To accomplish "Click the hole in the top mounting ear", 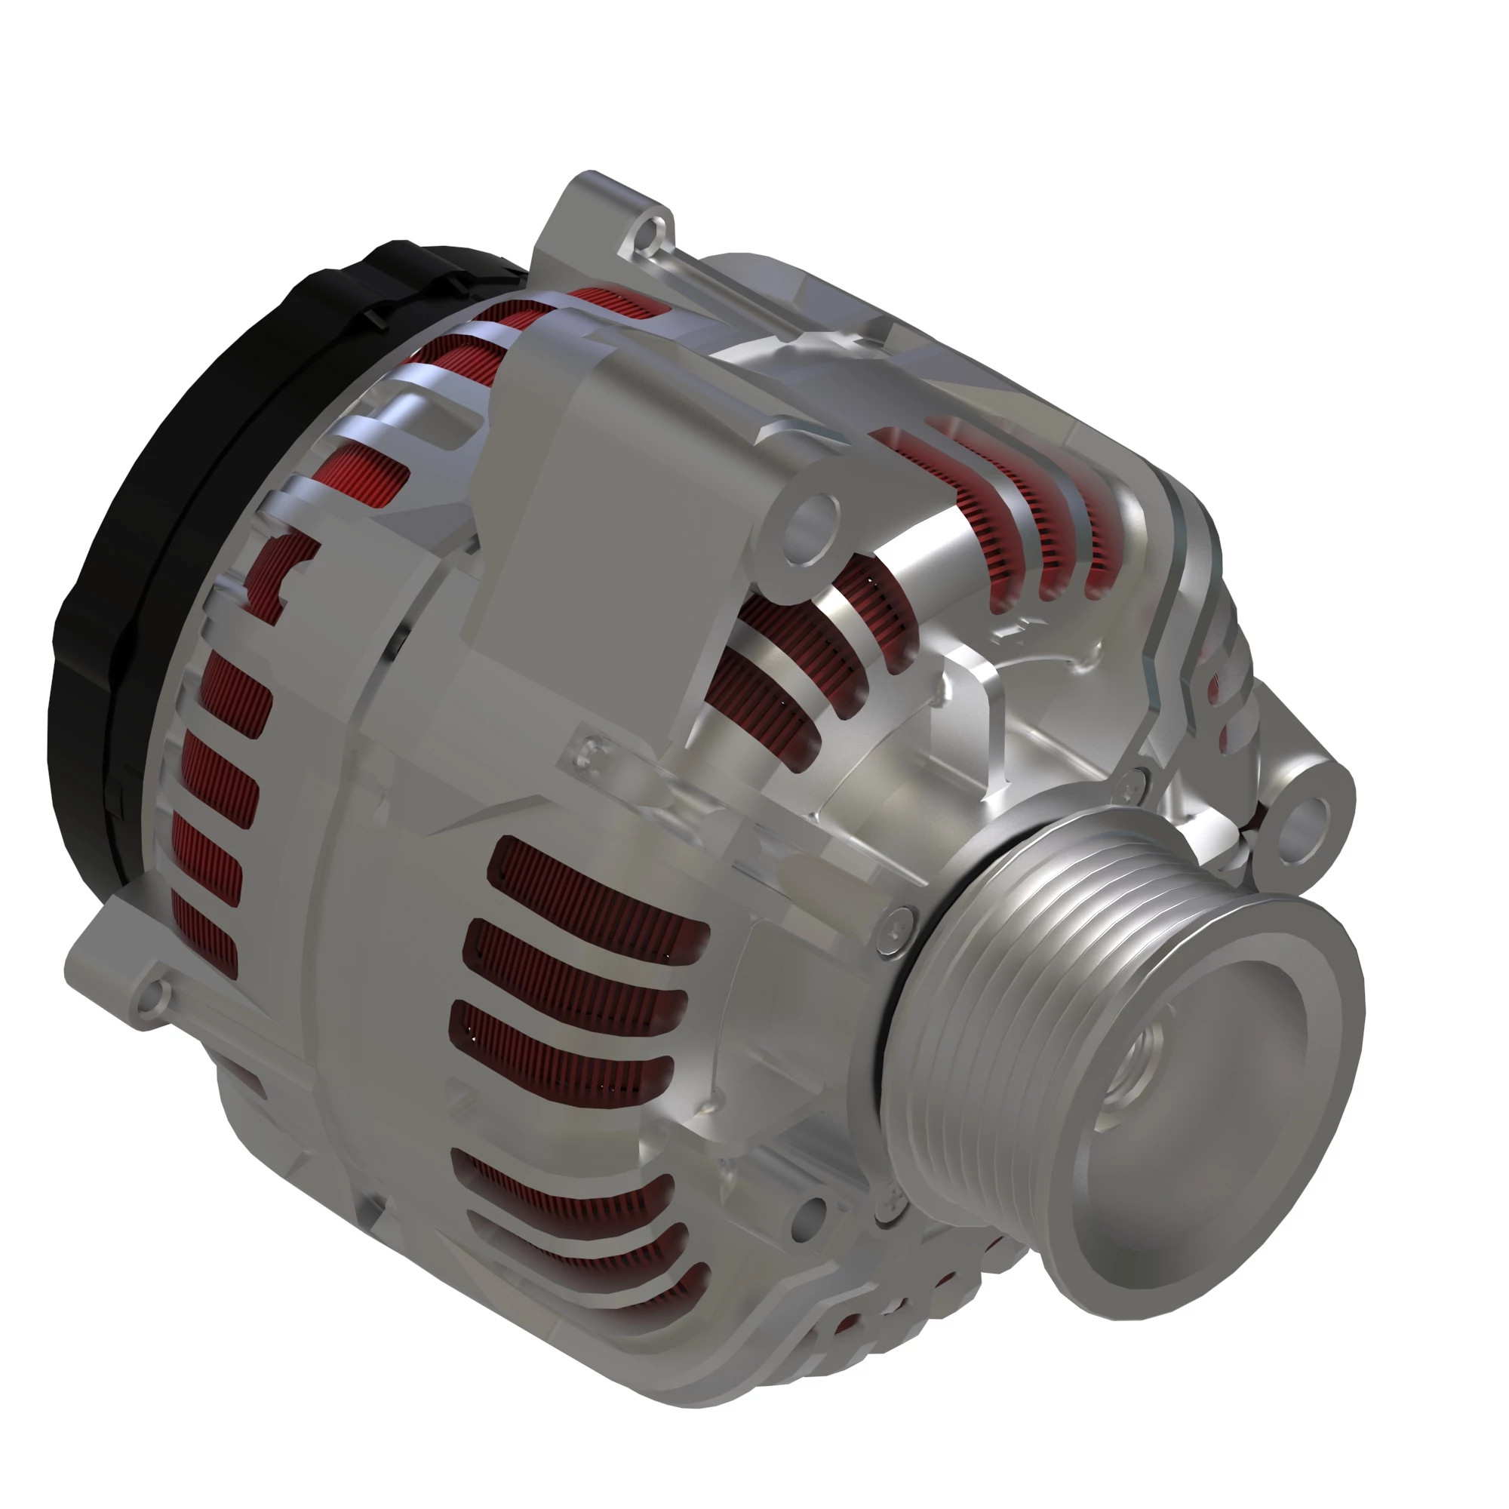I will [647, 231].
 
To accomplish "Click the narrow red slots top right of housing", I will [1007, 500].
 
